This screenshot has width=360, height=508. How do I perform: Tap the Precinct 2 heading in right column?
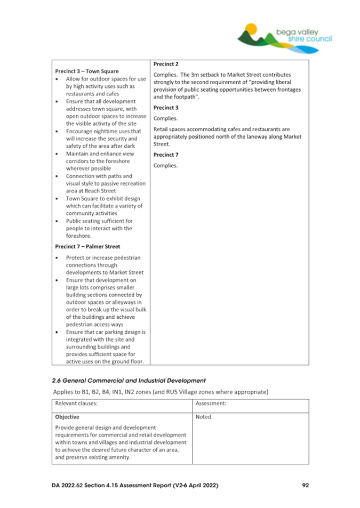166,64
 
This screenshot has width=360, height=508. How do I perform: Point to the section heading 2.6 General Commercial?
129,381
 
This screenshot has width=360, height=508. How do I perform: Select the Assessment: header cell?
211,404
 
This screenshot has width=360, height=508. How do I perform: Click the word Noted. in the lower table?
204,417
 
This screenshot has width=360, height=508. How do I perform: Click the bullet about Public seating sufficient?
99,228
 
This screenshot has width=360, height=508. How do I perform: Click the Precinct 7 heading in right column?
166,155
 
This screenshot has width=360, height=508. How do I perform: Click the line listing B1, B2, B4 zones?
160,392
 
